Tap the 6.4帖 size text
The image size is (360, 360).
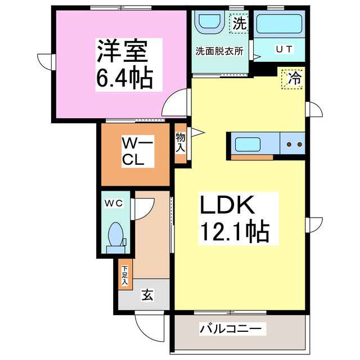click(124, 78)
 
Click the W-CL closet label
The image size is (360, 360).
click(135, 152)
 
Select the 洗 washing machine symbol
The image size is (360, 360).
click(240, 24)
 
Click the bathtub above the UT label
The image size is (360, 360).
click(279, 25)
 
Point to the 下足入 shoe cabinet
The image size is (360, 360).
click(124, 274)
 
